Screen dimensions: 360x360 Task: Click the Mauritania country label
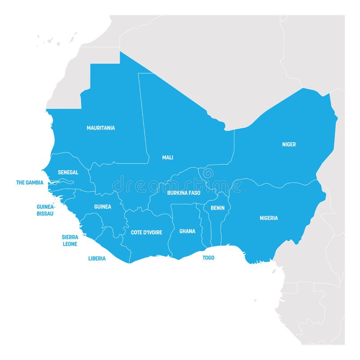(x=100, y=128)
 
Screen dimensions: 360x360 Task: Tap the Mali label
(x=167, y=157)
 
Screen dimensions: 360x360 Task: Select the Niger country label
(x=289, y=144)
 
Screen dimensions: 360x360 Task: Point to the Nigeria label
(x=269, y=218)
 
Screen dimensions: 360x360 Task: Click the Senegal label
(x=68, y=172)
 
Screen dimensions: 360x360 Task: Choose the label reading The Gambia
(x=30, y=183)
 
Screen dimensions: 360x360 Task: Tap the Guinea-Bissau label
(x=45, y=210)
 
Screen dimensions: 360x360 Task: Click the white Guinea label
(x=103, y=207)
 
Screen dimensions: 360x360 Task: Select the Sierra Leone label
(x=70, y=240)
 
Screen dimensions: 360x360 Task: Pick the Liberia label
(x=97, y=259)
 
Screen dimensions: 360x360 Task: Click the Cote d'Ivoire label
(x=146, y=233)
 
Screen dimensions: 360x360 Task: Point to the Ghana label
(x=187, y=231)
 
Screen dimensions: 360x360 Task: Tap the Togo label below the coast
(x=208, y=258)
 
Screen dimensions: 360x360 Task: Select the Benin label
(x=217, y=208)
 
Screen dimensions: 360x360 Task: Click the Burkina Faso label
(x=184, y=193)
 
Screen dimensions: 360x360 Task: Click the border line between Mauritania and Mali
(x=143, y=117)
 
